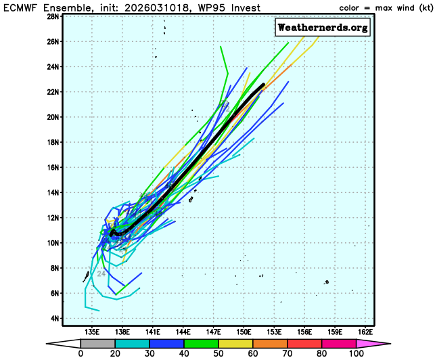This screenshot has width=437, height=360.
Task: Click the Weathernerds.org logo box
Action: pyautogui.click(x=323, y=27)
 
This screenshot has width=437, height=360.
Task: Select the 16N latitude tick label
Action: pyautogui.click(x=54, y=167)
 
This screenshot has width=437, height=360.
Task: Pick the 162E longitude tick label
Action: pyautogui.click(x=365, y=332)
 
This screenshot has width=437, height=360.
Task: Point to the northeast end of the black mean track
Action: pyautogui.click(x=263, y=84)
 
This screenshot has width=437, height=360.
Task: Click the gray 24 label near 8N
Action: pyautogui.click(x=101, y=273)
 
